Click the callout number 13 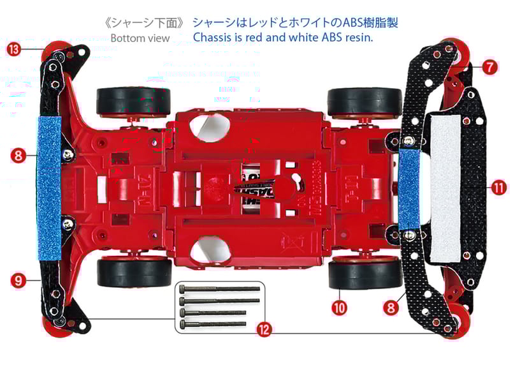(12, 49)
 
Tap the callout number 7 (489, 66)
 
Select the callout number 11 (499, 188)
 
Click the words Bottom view (140, 38)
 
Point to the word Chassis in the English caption (214, 38)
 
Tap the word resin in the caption (357, 38)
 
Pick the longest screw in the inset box (220, 289)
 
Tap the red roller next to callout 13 (56, 49)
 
